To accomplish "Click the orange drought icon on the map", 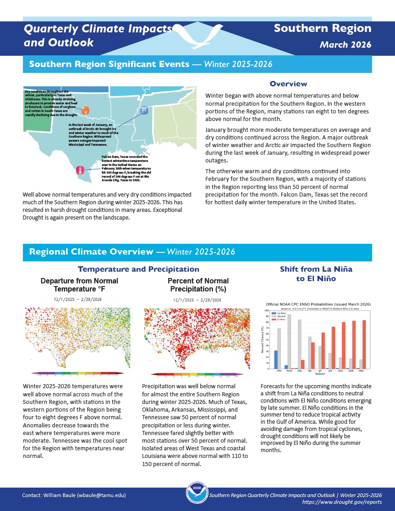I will (85, 110).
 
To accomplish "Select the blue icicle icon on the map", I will (144, 109).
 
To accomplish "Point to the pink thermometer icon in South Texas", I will (80, 170).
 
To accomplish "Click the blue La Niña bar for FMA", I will (276, 359).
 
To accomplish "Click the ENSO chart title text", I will (319, 305).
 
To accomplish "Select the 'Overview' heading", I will (288, 84).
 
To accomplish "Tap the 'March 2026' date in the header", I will (346, 45).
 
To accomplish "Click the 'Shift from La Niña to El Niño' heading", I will (316, 273).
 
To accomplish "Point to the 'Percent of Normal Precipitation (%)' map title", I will (198, 285).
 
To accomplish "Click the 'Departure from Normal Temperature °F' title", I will (79, 285).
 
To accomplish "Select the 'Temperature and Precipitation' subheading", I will (139, 269).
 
